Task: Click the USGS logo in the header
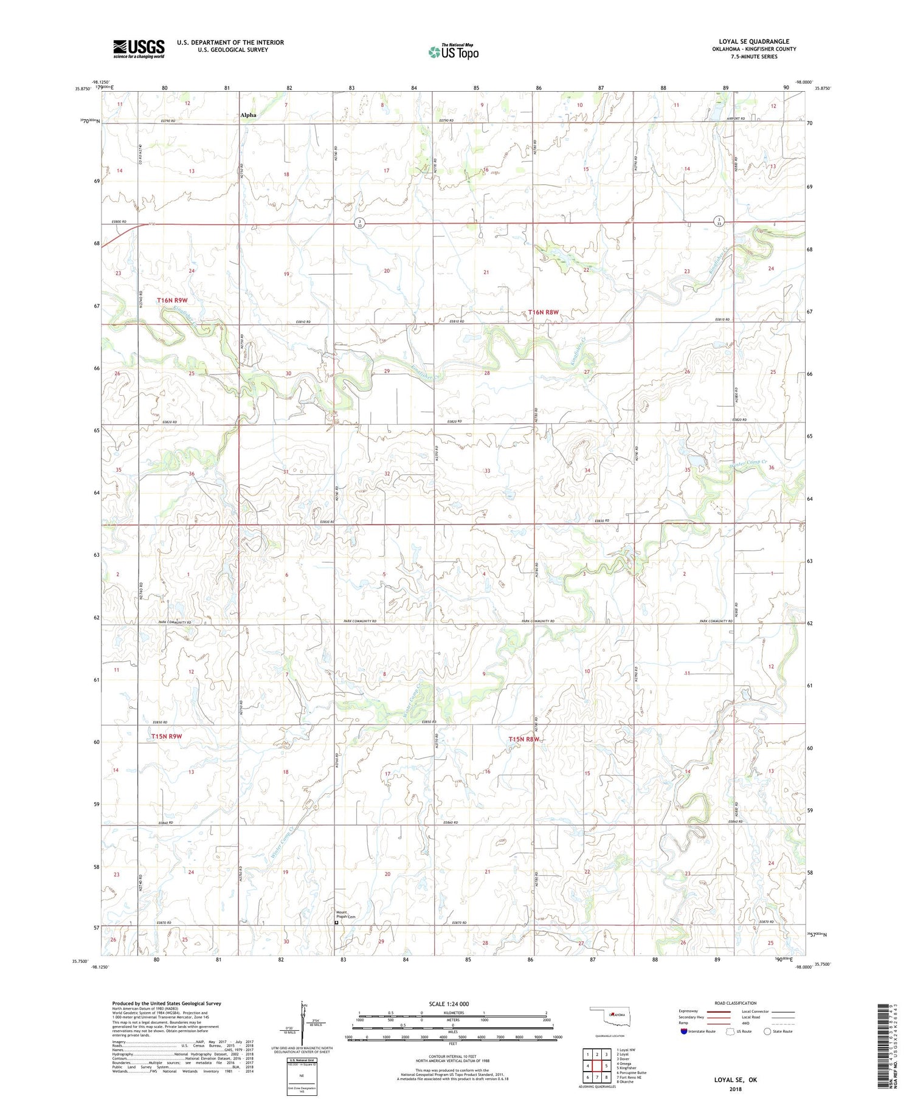139,49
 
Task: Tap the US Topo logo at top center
453,52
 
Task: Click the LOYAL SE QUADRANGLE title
753,41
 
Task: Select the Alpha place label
248,115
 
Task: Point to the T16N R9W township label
174,300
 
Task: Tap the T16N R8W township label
543,312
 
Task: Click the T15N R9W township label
167,736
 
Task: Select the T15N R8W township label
524,739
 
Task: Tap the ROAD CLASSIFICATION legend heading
736,1003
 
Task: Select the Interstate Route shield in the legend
685,1031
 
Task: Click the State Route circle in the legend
768,1031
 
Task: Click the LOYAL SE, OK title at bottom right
736,1080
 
